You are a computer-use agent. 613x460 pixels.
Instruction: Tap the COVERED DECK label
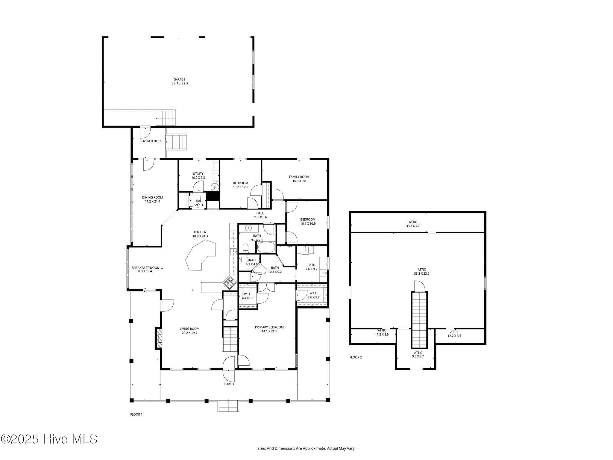(151, 141)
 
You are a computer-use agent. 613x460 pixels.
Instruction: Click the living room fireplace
(159, 338)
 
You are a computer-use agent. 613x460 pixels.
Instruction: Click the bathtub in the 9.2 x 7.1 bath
(266, 248)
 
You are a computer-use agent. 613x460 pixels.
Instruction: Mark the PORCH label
(229, 384)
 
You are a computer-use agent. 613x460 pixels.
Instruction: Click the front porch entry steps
(228, 406)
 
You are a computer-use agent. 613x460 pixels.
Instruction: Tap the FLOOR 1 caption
(136, 414)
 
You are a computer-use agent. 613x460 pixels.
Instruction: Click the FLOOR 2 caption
(356, 357)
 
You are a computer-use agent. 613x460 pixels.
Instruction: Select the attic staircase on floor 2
(419, 320)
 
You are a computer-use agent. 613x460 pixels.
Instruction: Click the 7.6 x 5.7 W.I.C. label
(314, 295)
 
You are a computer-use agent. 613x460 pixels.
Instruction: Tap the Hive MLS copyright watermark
(49, 439)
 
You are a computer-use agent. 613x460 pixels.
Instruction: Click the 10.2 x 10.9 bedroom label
(308, 221)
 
